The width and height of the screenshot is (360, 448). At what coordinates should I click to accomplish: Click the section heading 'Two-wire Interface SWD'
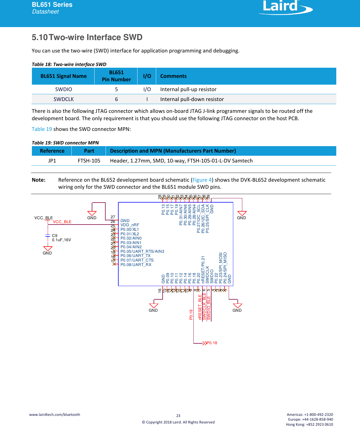coord(96,37)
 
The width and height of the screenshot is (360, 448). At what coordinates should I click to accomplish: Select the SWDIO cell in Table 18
coord(64,89)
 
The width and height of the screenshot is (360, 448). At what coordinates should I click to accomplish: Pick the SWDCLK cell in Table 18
coord(64,99)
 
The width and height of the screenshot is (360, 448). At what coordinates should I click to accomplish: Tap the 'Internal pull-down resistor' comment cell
coord(192,99)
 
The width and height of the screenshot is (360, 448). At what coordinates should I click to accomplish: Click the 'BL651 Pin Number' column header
coord(116,76)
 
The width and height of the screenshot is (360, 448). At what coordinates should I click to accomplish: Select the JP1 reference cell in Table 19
coord(52,161)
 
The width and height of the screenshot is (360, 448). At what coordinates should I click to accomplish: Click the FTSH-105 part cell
coord(89,161)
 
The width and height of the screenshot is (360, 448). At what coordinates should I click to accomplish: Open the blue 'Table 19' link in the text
coord(42,129)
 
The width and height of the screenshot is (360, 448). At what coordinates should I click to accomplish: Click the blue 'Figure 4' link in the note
coord(202,180)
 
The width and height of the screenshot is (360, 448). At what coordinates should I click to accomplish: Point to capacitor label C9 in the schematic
coord(54,236)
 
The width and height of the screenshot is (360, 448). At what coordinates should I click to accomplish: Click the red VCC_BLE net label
coord(62,222)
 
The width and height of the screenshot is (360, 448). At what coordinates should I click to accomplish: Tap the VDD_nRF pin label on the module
coord(130,225)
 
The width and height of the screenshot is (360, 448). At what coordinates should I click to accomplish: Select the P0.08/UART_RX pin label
coord(136,265)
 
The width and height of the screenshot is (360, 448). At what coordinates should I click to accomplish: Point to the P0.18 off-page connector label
coord(212,343)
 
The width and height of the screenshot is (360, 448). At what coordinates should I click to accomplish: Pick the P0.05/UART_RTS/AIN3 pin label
coord(142,251)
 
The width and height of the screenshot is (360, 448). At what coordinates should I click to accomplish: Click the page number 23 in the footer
coord(178,416)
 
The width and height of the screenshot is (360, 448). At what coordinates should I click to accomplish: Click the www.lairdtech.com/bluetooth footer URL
coord(54,414)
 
